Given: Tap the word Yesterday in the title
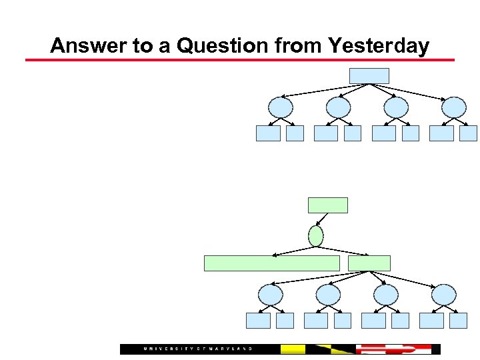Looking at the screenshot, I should click(x=378, y=46).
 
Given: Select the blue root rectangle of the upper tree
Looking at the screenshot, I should click(x=369, y=75).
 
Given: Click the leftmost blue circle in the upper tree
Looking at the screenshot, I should click(x=280, y=107).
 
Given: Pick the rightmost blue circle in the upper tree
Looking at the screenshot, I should click(x=454, y=107).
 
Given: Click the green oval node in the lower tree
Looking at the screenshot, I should click(x=316, y=235).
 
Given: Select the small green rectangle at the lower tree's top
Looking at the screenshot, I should click(x=327, y=205).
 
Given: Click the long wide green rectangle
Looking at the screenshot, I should click(x=271, y=263).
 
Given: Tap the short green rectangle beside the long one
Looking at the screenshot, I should click(x=369, y=263).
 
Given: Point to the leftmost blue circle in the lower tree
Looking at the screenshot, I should click(x=270, y=295).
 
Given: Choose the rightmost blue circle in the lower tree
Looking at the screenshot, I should click(x=444, y=295).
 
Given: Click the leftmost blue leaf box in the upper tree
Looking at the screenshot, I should click(x=268, y=133).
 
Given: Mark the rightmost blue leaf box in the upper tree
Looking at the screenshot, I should click(x=469, y=133).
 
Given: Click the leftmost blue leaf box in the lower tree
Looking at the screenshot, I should click(x=258, y=321).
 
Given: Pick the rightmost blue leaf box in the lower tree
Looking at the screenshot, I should click(x=459, y=321).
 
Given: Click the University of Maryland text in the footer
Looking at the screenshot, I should click(x=198, y=349).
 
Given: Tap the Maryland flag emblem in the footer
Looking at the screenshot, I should click(x=329, y=349).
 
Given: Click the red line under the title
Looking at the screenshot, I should click(x=240, y=60).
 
